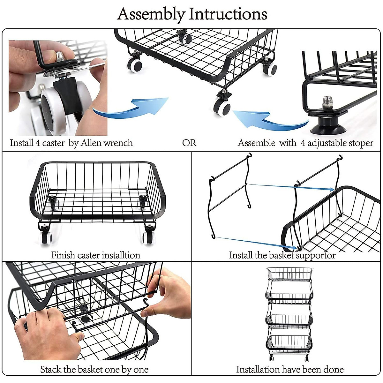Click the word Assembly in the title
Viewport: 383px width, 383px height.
tap(151, 14)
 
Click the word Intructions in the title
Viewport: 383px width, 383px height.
tap(228, 14)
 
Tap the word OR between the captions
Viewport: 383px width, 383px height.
tap(189, 143)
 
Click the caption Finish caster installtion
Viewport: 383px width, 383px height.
tap(96, 255)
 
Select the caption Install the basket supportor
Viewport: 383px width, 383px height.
tap(282, 255)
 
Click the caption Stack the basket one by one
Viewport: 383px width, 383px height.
tap(94, 369)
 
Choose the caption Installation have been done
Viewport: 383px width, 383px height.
tap(290, 369)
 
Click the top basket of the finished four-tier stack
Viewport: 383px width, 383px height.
tap(289, 274)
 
